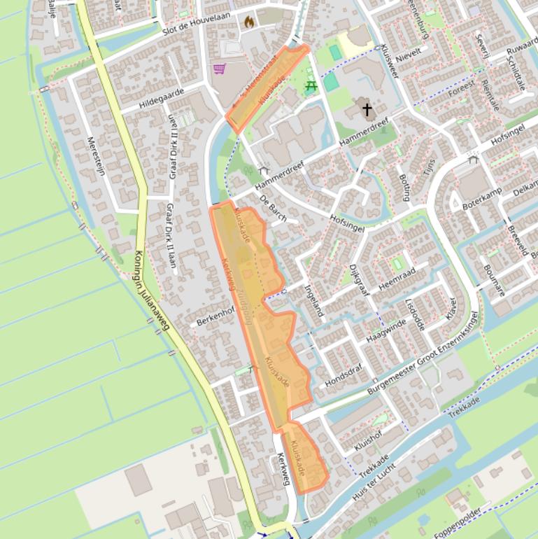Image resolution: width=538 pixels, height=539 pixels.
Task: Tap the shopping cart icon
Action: click(x=220, y=69)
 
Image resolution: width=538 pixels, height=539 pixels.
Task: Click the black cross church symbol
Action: click(x=367, y=110)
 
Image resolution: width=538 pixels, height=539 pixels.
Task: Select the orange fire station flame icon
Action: click(x=248, y=22)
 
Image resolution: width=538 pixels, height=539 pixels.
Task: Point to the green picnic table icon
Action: click(x=311, y=86)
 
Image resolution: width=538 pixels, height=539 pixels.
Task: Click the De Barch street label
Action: click(x=272, y=208)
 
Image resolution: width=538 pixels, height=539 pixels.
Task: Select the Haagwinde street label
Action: click(x=385, y=331)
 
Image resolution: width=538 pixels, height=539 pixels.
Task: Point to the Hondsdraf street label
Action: click(x=344, y=376)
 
